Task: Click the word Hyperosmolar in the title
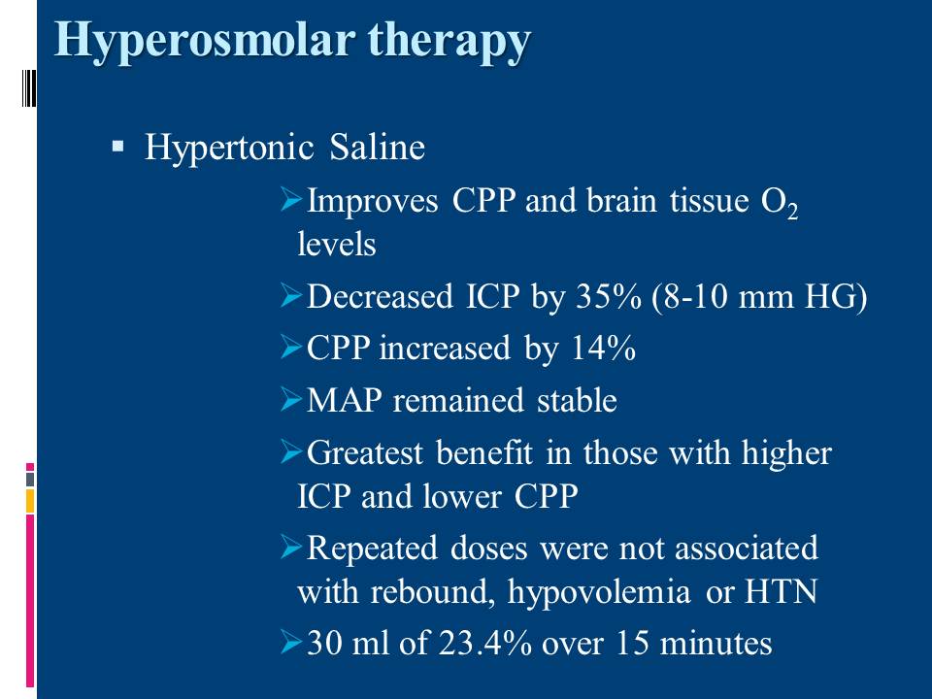[205, 41]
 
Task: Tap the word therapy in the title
[449, 41]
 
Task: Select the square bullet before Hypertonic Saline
[117, 146]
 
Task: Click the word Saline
[378, 147]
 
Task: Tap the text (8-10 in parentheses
[689, 297]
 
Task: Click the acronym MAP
[344, 400]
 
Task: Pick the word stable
[577, 400]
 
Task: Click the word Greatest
[366, 453]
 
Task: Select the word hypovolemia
[599, 592]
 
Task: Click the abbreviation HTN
[781, 591]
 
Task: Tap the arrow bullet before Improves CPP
[291, 199]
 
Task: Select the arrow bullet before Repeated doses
[291, 547]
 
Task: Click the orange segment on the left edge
[30, 501]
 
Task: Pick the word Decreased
[380, 296]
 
